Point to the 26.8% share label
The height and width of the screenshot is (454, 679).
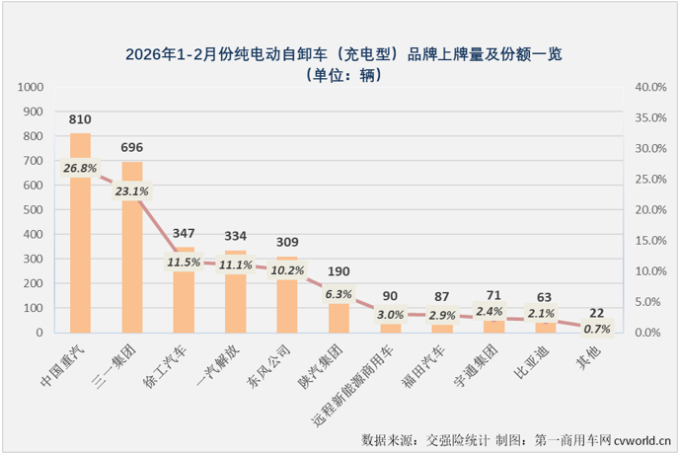pyautogui.click(x=80, y=169)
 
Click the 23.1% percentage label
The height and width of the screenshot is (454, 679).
pyautogui.click(x=132, y=191)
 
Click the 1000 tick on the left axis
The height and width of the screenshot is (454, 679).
pyautogui.click(x=33, y=87)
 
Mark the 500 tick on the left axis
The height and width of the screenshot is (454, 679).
pyautogui.click(x=37, y=210)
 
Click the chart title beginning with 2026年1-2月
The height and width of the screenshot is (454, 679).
pyautogui.click(x=339, y=52)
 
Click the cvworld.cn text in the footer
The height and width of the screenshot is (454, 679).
pyautogui.click(x=641, y=437)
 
